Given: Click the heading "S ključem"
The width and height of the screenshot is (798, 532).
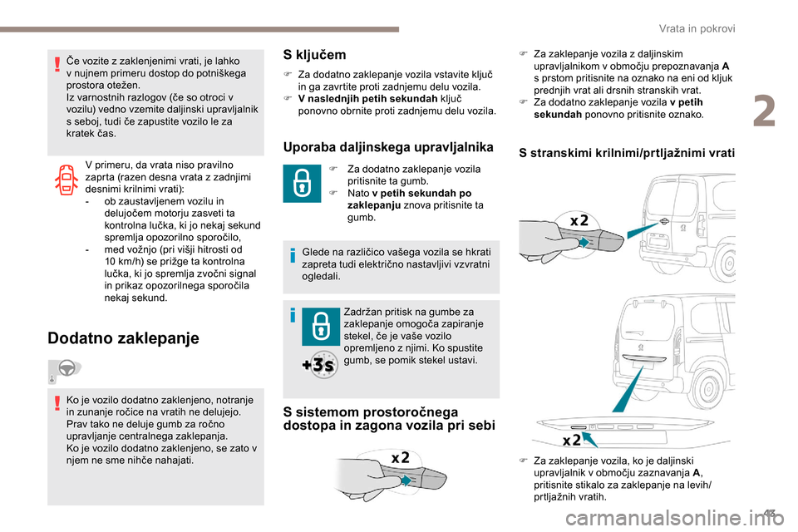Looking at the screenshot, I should (x=315, y=55).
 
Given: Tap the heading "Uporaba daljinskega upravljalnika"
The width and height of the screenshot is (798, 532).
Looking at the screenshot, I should (x=388, y=147).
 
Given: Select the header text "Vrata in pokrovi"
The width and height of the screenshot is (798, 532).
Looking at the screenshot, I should (x=703, y=28).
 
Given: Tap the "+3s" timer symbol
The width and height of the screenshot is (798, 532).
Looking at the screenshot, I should (x=318, y=365).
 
